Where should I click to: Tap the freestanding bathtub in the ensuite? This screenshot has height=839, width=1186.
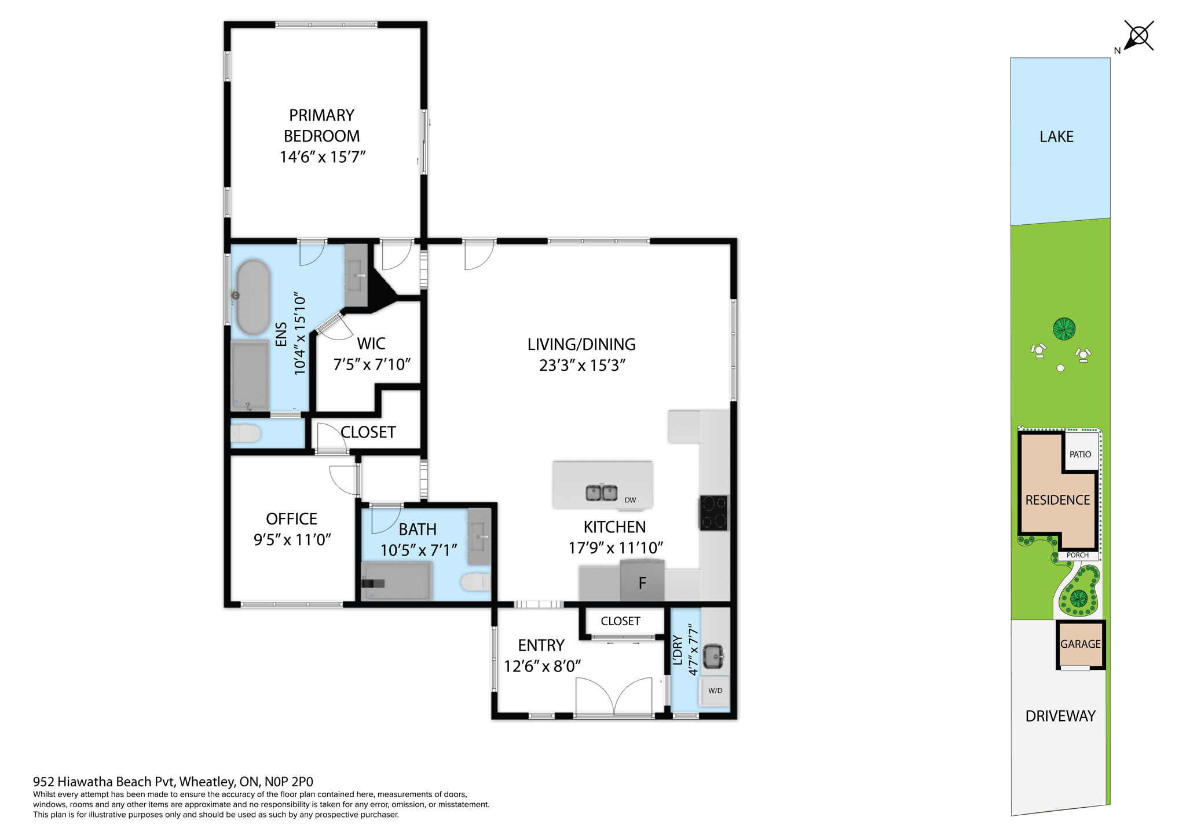pos(253,297)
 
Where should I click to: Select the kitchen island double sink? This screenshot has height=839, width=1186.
pos(601,493)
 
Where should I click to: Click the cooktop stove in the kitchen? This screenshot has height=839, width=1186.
pos(713,513)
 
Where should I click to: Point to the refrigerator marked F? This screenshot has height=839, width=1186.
pos(642,583)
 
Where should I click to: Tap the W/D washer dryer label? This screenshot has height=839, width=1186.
pos(715,691)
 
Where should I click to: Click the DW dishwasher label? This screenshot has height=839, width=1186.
pos(630,500)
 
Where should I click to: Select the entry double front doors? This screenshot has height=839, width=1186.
pos(614,698)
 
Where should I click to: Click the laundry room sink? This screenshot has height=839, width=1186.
pos(714,656)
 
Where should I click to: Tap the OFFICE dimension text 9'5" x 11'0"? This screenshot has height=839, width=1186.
pos(292,539)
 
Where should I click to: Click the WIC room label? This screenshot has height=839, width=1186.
pos(371,344)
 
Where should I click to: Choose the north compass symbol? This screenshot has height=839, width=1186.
pos(1139,36)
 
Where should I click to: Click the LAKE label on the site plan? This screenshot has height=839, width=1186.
pos(1056,137)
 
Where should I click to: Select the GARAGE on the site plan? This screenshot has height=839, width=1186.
pos(1080,644)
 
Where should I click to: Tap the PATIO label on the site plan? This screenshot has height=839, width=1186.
pos(1080,454)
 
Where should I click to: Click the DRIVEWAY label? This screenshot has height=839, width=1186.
pos(1060,716)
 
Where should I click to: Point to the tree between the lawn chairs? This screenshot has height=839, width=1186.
pos(1064,329)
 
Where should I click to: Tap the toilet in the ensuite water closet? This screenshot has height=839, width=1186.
pos(246,433)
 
